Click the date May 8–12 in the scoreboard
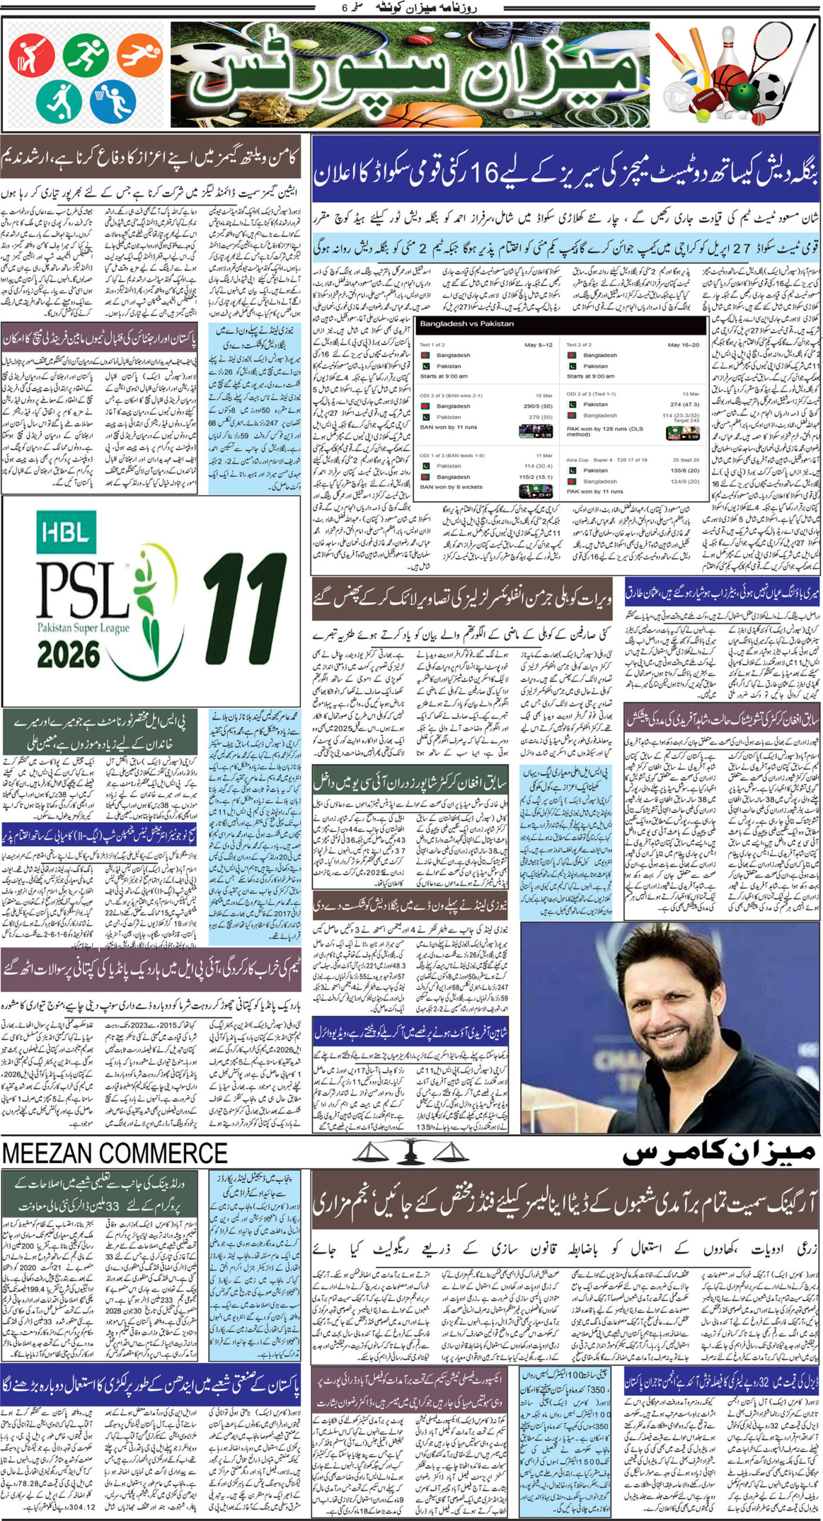(538, 345)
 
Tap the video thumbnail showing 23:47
(535, 491)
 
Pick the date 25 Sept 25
(686, 459)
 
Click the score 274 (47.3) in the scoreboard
(683, 404)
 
